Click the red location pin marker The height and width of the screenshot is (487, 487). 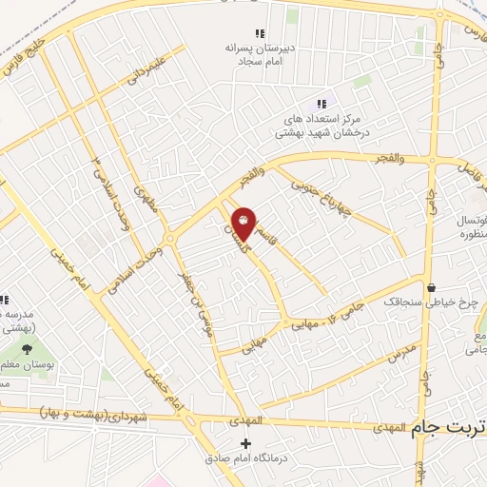point(244,223)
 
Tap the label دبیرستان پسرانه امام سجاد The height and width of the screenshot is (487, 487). point(261,52)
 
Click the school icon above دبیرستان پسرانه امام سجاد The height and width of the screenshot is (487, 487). point(261,33)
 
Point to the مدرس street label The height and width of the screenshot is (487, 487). point(401,355)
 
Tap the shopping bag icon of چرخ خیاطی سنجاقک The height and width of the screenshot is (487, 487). point(431,287)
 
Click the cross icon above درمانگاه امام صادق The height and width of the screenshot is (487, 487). point(245,443)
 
